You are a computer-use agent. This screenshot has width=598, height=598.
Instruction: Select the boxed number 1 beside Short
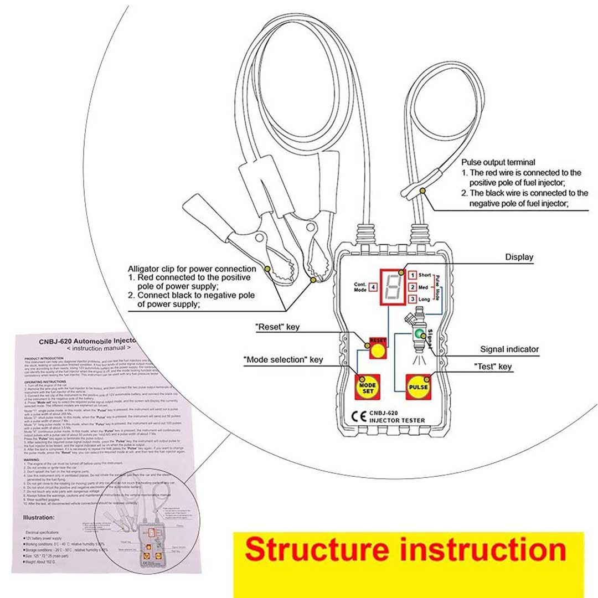pyautogui.click(x=412, y=275)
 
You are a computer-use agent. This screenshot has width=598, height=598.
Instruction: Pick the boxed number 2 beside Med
pyautogui.click(x=412, y=287)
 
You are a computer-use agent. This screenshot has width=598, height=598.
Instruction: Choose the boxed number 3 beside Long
pyautogui.click(x=412, y=299)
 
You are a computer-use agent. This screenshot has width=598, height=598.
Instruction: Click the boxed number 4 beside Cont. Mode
pyautogui.click(x=373, y=287)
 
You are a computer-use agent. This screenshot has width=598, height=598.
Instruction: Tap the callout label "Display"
pyautogui.click(x=519, y=257)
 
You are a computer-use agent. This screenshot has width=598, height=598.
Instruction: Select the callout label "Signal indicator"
pyautogui.click(x=509, y=349)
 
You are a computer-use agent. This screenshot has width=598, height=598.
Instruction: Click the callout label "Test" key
pyautogui.click(x=493, y=367)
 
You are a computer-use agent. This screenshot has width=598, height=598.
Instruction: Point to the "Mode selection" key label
pyautogui.click(x=283, y=360)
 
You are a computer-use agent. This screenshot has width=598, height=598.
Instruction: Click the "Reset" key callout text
pyautogui.click(x=277, y=327)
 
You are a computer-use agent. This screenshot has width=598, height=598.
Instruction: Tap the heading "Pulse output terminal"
pyautogui.click(x=498, y=162)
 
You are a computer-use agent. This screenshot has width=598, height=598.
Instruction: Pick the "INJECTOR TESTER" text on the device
pyautogui.click(x=397, y=421)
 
